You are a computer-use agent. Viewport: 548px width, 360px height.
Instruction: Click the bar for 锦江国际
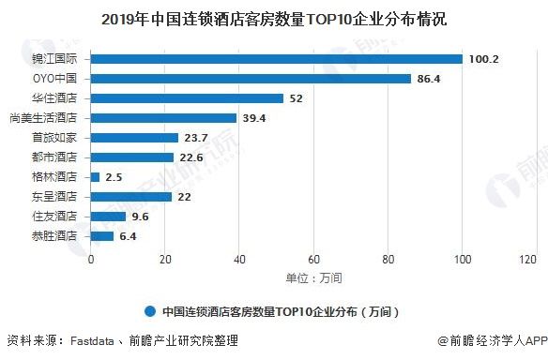[276, 59]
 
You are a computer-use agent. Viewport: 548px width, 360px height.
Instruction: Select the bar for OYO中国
[251, 79]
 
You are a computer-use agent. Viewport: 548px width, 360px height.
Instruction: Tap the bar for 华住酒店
[187, 98]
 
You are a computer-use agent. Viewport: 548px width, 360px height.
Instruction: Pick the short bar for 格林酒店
[95, 176]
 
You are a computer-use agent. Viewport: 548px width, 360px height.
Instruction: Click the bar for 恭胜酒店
[102, 235]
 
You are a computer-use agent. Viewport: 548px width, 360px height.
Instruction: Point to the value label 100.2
[483, 59]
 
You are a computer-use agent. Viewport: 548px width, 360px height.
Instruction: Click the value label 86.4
[431, 79]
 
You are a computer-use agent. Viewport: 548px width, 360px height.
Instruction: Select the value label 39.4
[256, 118]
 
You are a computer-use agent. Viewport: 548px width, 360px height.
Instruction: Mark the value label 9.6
[141, 216]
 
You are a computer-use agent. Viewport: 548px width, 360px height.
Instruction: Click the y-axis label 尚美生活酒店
[48, 118]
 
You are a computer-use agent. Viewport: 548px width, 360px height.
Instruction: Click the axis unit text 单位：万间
[313, 278]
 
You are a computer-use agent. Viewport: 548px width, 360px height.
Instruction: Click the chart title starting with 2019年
[274, 18]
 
